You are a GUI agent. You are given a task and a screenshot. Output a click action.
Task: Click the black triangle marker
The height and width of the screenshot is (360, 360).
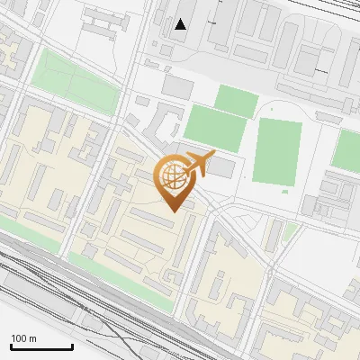click(181, 24)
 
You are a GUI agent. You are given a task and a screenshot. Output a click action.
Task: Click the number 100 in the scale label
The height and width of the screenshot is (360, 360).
click(19, 338)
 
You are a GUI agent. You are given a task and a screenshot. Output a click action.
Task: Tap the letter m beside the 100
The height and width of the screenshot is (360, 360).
click(32, 338)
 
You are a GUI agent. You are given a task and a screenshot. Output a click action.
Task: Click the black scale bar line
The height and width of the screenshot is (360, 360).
click(41, 346)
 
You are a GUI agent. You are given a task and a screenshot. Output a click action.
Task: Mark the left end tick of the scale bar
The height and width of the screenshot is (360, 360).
click(11, 345)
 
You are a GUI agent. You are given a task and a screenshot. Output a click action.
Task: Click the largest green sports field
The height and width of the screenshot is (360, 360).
click(277, 150)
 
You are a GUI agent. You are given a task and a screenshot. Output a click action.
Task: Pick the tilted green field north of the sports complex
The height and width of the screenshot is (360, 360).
click(237, 100)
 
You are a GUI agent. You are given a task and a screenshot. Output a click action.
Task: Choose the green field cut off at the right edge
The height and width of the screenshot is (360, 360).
click(347, 149)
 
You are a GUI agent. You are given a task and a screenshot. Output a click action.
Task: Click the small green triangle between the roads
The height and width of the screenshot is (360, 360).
click(290, 233)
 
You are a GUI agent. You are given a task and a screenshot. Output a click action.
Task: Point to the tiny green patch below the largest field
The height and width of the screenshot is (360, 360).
click(286, 190)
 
